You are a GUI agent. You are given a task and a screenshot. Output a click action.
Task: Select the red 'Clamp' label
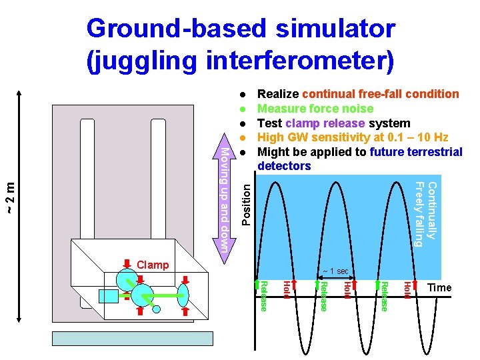(153, 265)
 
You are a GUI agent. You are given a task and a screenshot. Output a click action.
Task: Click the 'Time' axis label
(439, 287)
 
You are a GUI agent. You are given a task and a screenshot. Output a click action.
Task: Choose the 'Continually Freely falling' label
(425, 213)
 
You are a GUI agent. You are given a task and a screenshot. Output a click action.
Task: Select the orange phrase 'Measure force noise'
(315, 109)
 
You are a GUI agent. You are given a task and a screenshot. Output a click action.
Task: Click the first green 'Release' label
(263, 295)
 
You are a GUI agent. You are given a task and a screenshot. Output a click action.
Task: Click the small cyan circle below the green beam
(156, 308)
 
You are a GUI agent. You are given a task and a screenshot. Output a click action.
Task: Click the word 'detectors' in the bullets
(284, 165)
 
